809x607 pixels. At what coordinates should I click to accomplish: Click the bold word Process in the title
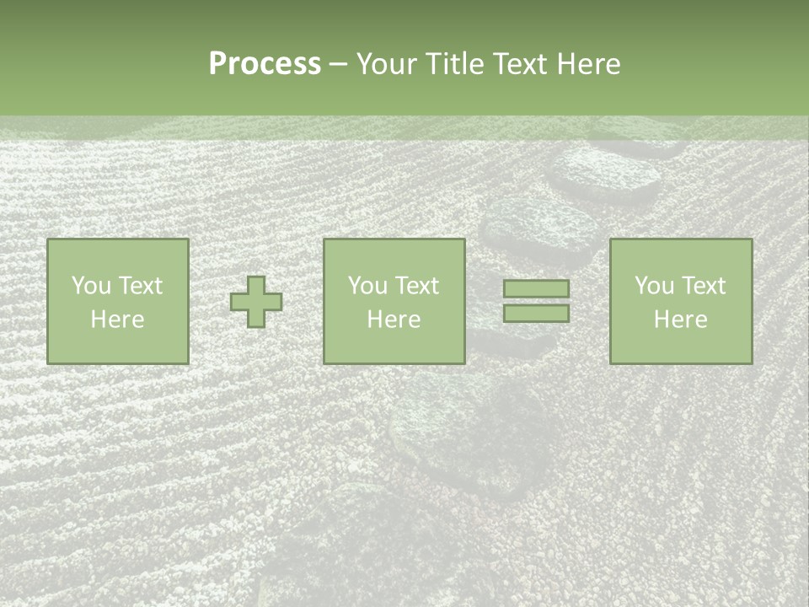pos(265,64)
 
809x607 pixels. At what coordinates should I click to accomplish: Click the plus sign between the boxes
pos(256,302)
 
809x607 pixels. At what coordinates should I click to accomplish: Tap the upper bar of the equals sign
pos(536,288)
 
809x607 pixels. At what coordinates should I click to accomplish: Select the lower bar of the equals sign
pos(536,313)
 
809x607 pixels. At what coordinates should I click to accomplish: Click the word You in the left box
pos(90,286)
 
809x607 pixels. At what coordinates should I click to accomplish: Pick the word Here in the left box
pos(117,320)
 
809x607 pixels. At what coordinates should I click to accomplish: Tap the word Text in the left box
pos(139,286)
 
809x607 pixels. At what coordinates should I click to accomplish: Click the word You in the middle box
pos(367,286)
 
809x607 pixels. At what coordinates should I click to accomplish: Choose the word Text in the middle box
pos(415,286)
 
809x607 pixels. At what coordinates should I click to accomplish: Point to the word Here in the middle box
pos(394,320)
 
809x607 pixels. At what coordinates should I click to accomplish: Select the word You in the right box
pos(653,286)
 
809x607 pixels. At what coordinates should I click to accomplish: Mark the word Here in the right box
pos(680,320)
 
